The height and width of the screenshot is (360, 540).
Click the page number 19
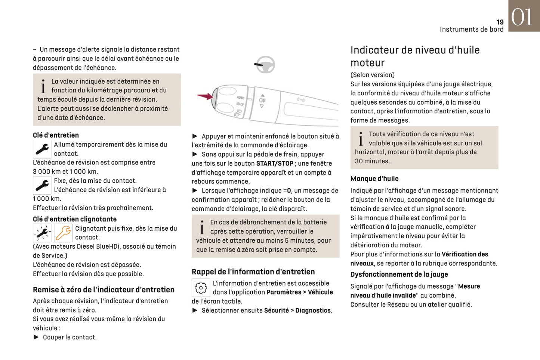tap(500, 22)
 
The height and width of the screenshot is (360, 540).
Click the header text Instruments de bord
tap(471, 30)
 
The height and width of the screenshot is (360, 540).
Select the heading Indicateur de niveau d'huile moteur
tap(415, 56)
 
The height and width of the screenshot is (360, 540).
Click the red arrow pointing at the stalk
tap(205, 96)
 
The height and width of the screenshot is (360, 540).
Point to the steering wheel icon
tap(265, 65)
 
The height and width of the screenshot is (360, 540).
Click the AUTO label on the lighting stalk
tap(240, 98)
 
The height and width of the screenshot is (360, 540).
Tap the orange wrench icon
tap(63, 233)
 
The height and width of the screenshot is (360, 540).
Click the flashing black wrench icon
tap(42, 233)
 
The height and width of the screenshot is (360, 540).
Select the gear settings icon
tap(201, 288)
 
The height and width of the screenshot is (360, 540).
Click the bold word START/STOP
tap(275, 163)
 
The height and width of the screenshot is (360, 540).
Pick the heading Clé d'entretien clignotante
tap(75, 219)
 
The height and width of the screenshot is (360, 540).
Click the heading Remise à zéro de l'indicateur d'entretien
tap(104, 290)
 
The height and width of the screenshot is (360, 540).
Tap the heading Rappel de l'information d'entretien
tap(253, 272)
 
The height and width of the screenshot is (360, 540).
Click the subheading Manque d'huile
tap(374, 179)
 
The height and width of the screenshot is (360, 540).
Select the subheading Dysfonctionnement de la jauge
tap(399, 274)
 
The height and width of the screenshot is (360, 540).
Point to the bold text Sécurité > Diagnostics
tap(298, 310)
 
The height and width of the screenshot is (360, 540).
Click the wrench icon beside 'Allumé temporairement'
tap(42, 149)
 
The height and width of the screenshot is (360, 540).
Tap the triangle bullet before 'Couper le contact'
tap(36, 337)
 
